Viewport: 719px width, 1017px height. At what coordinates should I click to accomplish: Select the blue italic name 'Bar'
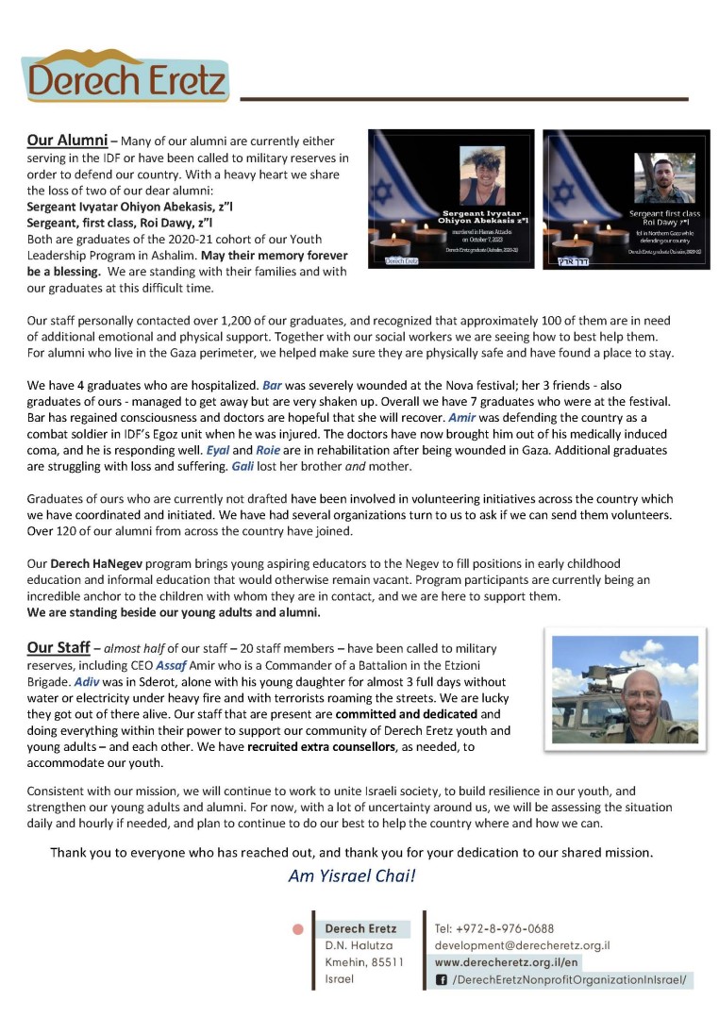pos(272,386)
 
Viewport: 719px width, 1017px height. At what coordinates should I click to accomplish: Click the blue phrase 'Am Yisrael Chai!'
pos(351,875)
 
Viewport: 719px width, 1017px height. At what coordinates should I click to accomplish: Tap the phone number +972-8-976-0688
pos(494,928)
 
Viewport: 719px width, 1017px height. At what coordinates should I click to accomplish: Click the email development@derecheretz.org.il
pos(522,945)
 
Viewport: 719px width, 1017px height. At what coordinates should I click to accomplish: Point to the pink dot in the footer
pos(298,929)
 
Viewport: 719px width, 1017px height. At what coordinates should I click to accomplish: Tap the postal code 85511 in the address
pos(387,962)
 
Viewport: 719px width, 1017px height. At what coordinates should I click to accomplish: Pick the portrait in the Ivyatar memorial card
pos(481,175)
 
